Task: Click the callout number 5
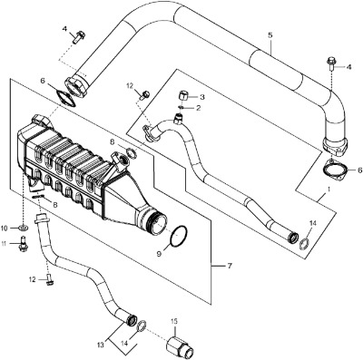[x=270, y=35]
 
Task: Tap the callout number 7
[x=230, y=266]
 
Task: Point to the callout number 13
[x=101, y=344]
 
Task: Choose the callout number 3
[x=202, y=97]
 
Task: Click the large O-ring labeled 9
[x=179, y=236]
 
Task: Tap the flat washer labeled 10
[x=24, y=227]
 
